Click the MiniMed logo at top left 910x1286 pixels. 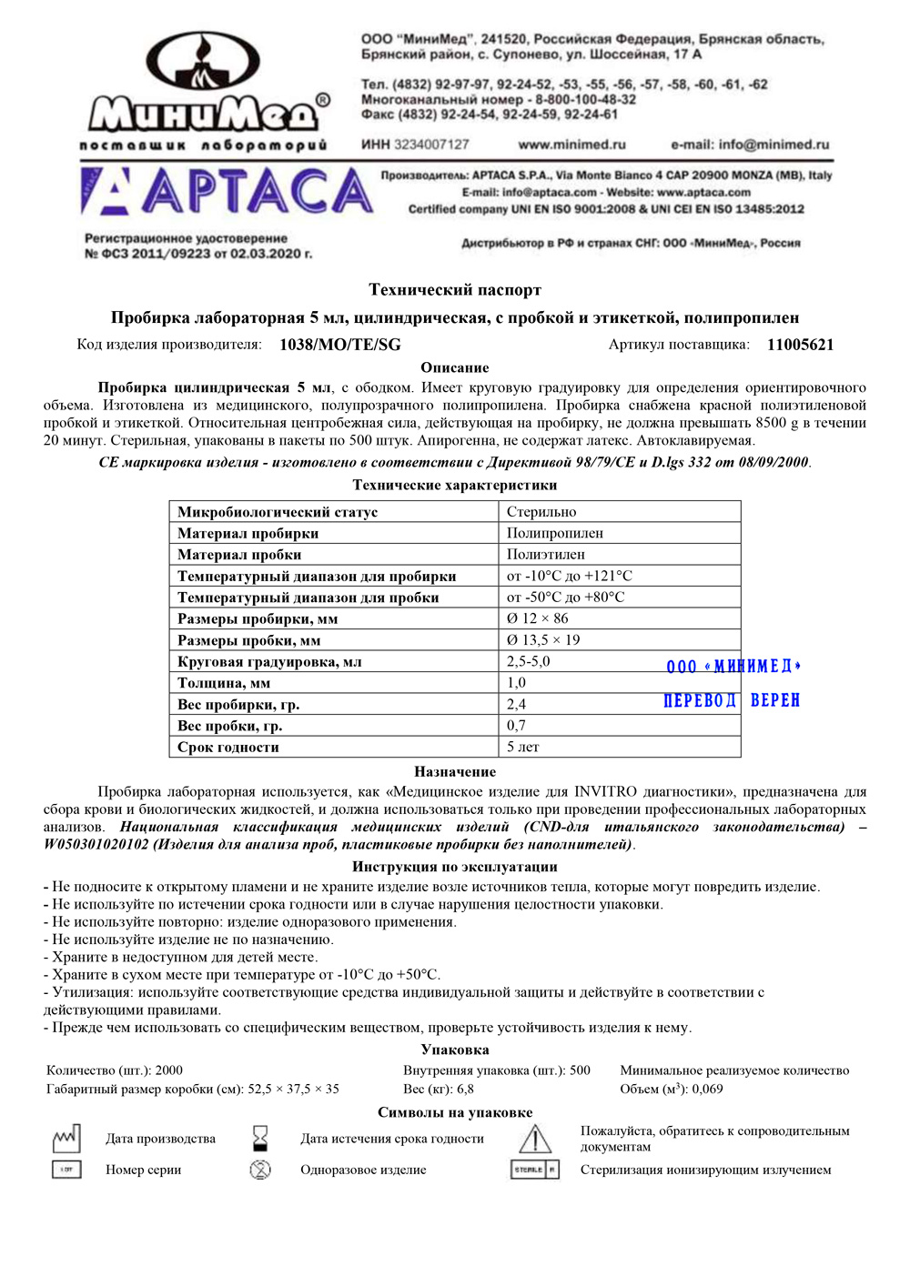206,88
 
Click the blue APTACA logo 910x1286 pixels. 227,192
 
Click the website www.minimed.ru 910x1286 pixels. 571,145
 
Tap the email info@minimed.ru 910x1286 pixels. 750,145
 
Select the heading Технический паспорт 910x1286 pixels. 455,290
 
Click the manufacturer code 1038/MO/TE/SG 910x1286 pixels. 339,345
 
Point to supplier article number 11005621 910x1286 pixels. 800,345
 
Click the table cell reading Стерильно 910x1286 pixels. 541,512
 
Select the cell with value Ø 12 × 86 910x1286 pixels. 537,618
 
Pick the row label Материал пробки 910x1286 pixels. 239,555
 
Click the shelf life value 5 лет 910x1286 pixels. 523,747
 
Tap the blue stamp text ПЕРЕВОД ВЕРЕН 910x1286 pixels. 732,700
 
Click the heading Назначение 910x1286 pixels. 455,771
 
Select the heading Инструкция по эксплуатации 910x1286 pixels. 455,867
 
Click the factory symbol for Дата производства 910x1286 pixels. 66,1138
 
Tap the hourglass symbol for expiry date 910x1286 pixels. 260,1138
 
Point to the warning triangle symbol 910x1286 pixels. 535,1139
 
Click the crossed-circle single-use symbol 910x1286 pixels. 260,1170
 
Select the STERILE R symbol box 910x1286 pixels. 535,1170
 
